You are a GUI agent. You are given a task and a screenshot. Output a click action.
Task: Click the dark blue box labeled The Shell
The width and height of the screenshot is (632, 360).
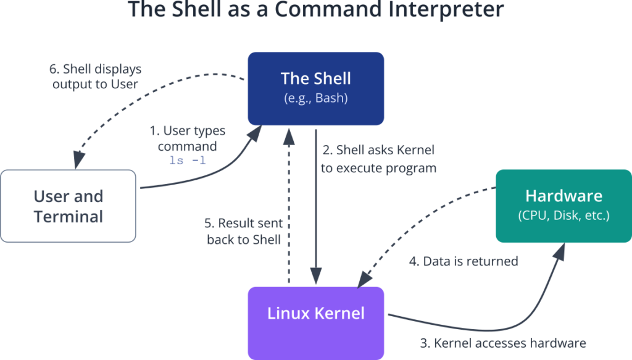click(315, 88)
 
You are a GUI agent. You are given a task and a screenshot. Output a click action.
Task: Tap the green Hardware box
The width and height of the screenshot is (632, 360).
click(563, 206)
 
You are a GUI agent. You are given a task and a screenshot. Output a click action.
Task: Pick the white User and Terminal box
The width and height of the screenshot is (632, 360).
click(68, 206)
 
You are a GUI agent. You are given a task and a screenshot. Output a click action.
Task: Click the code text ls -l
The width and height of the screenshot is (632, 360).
click(188, 161)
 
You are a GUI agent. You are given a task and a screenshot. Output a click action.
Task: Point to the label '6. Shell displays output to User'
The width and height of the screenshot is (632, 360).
click(95, 77)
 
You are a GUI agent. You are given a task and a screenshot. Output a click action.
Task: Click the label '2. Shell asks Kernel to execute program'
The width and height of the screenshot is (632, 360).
click(378, 159)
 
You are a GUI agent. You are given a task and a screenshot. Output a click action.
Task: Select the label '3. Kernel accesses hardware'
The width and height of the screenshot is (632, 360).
click(503, 343)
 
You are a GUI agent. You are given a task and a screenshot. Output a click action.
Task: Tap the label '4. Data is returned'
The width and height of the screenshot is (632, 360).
click(464, 261)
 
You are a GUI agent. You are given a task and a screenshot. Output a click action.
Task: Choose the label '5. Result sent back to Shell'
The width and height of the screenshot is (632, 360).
click(243, 231)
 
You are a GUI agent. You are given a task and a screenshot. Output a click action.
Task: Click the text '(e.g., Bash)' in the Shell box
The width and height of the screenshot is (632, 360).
click(315, 98)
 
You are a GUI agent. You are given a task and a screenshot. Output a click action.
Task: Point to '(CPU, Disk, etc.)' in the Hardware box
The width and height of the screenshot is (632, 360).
click(563, 216)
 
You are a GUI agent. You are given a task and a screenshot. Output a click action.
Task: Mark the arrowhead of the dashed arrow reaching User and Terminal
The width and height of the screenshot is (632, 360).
click(78, 160)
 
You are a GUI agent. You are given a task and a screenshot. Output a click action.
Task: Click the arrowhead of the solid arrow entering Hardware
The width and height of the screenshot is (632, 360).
click(559, 251)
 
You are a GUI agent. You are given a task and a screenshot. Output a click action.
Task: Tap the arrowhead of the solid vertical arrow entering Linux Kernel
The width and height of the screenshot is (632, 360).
click(315, 276)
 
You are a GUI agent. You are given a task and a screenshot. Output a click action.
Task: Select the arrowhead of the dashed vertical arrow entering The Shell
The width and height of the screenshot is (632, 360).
click(289, 136)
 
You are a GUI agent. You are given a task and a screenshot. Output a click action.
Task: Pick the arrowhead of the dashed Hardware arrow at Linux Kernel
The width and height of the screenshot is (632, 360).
click(365, 279)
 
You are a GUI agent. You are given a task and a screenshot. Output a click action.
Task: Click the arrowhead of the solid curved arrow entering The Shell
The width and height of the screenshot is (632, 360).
click(254, 133)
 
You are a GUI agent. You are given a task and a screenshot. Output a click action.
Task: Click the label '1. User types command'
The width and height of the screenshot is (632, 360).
click(188, 138)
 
